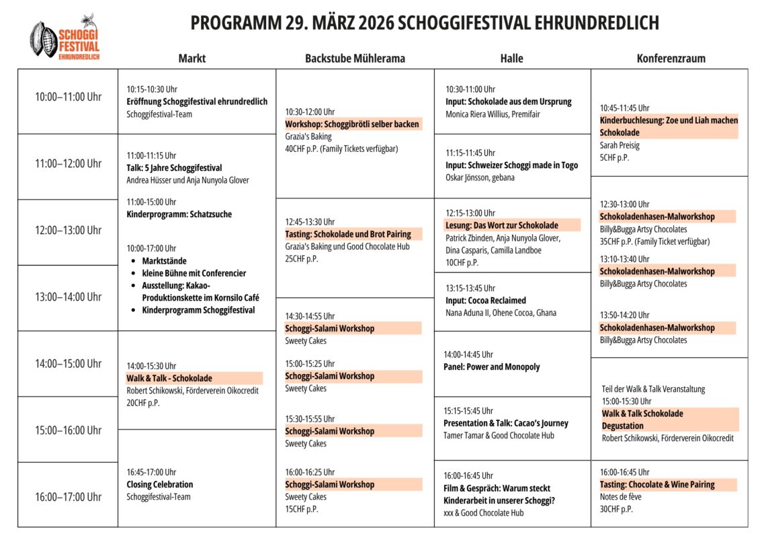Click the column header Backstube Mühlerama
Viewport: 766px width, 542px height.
pyautogui.click(x=355, y=59)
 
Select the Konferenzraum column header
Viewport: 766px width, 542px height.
pyautogui.click(x=671, y=59)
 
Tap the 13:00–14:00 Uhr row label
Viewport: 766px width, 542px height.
pyautogui.click(x=68, y=297)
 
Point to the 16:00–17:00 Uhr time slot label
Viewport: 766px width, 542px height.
pyautogui.click(x=68, y=497)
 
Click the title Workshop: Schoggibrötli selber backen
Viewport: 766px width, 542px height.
pyautogui.click(x=352, y=124)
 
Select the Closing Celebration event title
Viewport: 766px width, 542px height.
pyautogui.click(x=160, y=484)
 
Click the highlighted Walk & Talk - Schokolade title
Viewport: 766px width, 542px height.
pyautogui.click(x=169, y=378)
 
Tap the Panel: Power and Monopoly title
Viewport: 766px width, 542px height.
pyautogui.click(x=491, y=366)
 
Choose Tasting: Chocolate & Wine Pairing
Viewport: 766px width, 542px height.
pyautogui.click(x=657, y=484)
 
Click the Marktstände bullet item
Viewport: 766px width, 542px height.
pyautogui.click(x=164, y=261)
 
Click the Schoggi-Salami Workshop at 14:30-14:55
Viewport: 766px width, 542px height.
pyautogui.click(x=329, y=328)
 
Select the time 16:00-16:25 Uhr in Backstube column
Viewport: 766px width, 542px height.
pyautogui.click(x=310, y=472)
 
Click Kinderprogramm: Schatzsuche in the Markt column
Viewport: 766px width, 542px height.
pyautogui.click(x=179, y=215)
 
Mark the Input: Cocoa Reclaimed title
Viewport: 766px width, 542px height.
pyautogui.click(x=486, y=300)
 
